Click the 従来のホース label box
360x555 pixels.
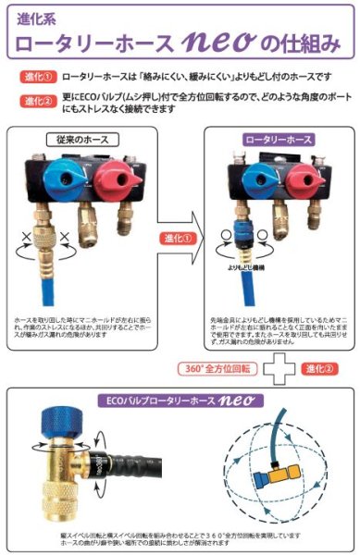pos(85,140)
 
